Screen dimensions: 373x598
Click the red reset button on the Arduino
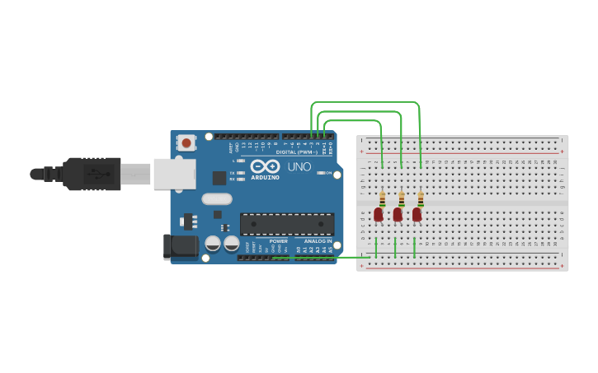[x=186, y=143]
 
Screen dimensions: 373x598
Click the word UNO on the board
[x=299, y=167]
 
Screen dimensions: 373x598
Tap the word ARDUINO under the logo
[x=265, y=177]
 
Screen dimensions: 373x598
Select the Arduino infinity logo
[x=266, y=166]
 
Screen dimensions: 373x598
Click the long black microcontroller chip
[x=287, y=224]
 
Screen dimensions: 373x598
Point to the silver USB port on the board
[x=175, y=174]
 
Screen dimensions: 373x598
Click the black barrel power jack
[x=181, y=246]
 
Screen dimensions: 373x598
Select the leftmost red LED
[x=379, y=214]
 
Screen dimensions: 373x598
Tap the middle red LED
[x=398, y=214]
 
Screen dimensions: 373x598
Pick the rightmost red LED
[x=417, y=214]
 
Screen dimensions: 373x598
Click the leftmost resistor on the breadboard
[x=382, y=198]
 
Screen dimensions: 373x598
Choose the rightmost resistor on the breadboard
[x=421, y=198]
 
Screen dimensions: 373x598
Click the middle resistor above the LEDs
[x=401, y=198]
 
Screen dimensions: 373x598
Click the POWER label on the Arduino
[x=279, y=241]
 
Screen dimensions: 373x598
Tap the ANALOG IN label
[x=318, y=241]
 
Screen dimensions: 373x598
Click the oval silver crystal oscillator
[x=217, y=198]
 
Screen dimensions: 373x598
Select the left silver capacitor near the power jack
[x=213, y=244]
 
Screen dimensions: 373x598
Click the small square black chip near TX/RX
[x=219, y=178]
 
